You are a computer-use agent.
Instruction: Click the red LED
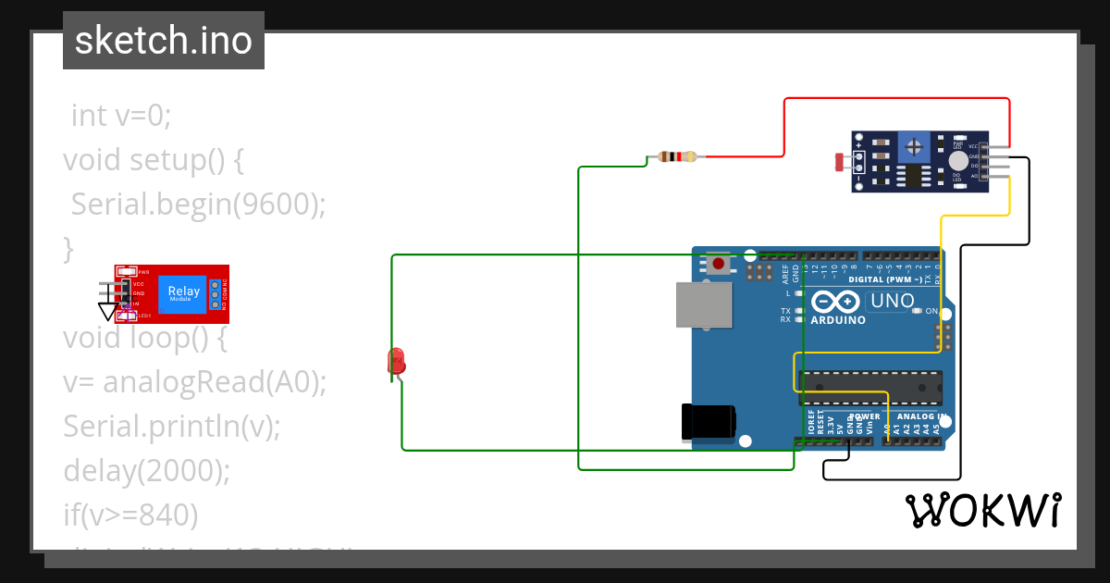396,361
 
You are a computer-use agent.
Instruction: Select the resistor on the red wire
677,156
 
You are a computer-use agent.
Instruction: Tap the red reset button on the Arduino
719,265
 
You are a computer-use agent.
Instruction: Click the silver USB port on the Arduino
706,304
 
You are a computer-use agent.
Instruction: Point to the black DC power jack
708,422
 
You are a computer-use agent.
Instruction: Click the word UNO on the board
893,301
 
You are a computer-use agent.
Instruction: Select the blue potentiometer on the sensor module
915,146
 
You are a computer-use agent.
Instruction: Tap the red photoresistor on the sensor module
842,163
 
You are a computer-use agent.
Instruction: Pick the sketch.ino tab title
164,41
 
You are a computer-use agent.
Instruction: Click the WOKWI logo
982,510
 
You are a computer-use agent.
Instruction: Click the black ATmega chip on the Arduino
870,388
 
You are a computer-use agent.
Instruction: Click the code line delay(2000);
146,470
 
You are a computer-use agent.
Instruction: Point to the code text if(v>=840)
130,515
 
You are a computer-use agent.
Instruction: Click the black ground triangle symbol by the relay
108,312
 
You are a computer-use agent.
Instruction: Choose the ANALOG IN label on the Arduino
919,417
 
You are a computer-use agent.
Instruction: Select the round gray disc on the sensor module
957,160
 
